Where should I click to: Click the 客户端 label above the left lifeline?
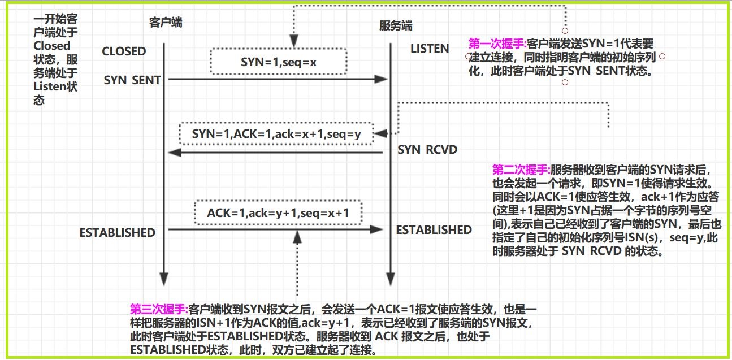point(165,22)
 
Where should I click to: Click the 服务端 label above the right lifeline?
point(395,25)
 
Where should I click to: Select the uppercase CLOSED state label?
point(124,51)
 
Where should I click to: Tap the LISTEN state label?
point(430,49)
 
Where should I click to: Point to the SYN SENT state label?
point(132,80)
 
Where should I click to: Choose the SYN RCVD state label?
point(427,150)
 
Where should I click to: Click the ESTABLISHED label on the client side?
point(117,232)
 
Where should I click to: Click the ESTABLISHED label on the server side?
point(434,229)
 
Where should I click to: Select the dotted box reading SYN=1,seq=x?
point(278,61)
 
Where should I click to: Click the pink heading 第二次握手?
point(521,169)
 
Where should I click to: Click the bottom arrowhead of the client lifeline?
point(164,279)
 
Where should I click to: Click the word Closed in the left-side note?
point(52,46)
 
